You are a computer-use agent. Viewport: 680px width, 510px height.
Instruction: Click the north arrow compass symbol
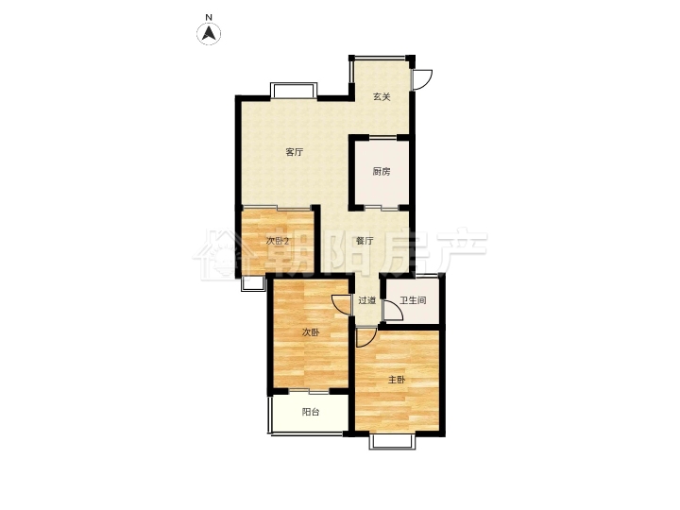(209, 33)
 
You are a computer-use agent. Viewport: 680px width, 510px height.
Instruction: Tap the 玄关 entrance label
(382, 96)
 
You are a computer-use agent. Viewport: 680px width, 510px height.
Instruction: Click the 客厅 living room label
(294, 152)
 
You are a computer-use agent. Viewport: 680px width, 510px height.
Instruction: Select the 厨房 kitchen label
(382, 172)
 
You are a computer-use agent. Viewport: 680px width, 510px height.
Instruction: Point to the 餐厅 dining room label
(365, 241)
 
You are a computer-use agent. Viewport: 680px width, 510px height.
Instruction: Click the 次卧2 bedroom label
(277, 241)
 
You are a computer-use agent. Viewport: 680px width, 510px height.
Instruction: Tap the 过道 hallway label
(366, 300)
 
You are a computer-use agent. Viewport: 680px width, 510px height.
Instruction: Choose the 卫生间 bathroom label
(413, 300)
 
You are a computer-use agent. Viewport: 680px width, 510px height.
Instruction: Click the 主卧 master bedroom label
(397, 380)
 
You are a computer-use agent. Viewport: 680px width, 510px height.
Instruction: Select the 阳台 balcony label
(311, 412)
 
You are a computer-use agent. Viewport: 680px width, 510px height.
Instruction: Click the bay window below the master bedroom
(392, 440)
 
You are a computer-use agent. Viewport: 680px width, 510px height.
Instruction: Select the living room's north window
(294, 91)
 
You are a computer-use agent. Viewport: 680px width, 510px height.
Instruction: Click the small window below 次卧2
(253, 283)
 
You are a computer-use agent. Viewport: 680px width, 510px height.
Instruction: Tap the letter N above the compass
(209, 17)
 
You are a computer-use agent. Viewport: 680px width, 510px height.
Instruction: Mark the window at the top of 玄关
(382, 58)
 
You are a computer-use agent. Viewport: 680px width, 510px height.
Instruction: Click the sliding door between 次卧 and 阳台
(310, 391)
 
